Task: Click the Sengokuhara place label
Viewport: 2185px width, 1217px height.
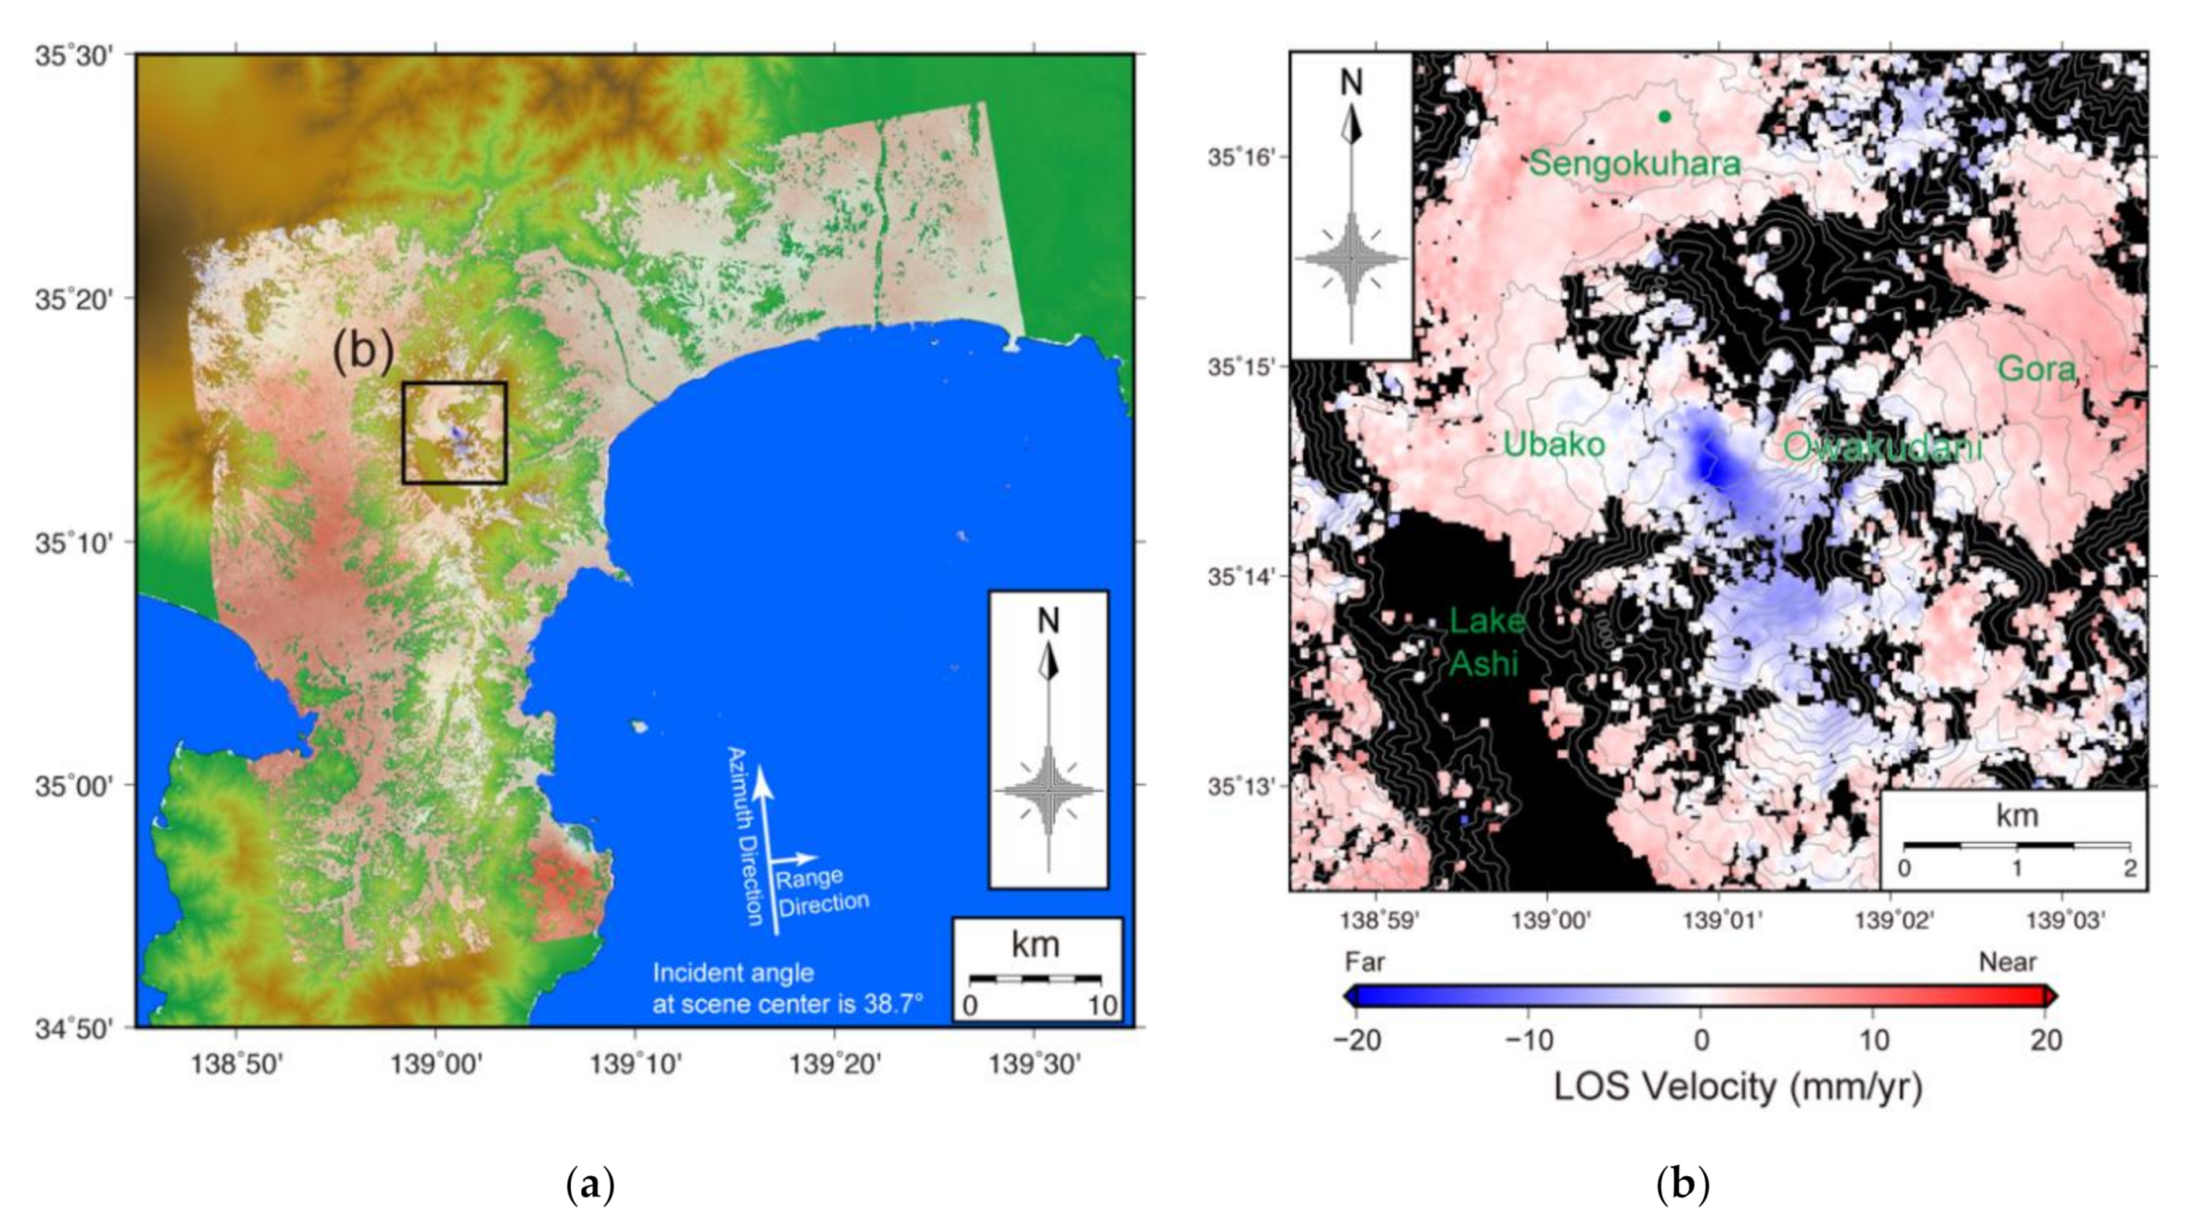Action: (x=1635, y=165)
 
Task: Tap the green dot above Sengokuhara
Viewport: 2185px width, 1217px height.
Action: (x=1664, y=117)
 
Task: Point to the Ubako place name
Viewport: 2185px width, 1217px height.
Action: (x=1554, y=445)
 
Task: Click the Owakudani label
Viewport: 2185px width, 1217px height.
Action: (x=1882, y=448)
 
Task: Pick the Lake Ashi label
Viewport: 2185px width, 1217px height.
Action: (x=1485, y=642)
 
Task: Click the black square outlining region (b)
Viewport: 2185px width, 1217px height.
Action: (x=454, y=383)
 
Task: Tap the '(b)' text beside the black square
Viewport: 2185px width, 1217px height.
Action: (x=363, y=353)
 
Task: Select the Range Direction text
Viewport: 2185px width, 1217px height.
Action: (x=821, y=890)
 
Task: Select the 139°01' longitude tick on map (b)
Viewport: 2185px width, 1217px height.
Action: (x=1718, y=922)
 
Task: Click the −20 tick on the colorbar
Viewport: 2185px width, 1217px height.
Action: (x=1357, y=1040)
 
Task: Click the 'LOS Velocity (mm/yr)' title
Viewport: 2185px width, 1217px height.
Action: (x=1737, y=1087)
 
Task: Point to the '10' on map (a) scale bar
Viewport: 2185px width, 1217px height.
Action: (x=1102, y=1006)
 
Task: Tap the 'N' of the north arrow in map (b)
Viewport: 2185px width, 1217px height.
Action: (x=1352, y=82)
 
